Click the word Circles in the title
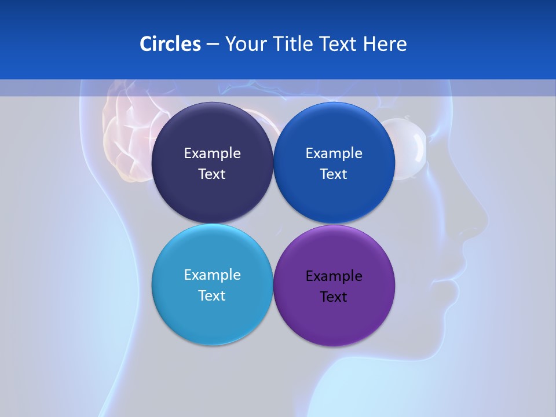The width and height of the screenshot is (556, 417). click(170, 44)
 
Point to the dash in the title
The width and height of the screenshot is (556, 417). click(213, 45)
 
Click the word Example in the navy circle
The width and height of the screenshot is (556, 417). click(212, 153)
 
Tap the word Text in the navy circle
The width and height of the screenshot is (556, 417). click(212, 174)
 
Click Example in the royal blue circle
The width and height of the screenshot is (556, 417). click(334, 153)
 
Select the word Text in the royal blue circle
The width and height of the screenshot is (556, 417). click(334, 174)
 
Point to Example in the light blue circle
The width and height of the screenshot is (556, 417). click(212, 275)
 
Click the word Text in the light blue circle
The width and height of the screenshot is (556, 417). click(212, 296)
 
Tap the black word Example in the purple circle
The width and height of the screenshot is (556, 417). click(334, 276)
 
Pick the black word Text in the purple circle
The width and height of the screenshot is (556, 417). click(334, 297)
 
